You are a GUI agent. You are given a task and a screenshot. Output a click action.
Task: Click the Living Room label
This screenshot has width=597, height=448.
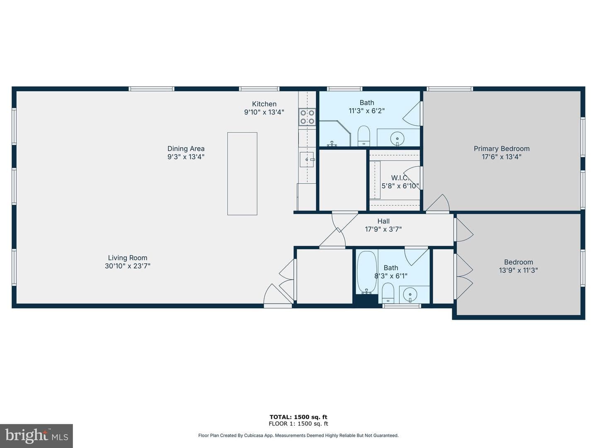click(128, 258)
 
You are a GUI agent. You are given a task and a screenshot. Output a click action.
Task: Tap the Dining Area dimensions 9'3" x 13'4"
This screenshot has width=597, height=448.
click(186, 157)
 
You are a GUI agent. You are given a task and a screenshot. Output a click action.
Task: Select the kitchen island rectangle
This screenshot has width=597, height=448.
click(242, 173)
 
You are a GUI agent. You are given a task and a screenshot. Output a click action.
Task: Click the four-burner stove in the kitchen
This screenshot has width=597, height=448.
click(307, 117)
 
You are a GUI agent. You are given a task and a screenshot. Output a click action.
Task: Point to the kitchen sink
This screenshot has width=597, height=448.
click(307, 159)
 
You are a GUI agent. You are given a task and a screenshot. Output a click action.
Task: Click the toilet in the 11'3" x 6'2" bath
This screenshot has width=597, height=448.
click(364, 136)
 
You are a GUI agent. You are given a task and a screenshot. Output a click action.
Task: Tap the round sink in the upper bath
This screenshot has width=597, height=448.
click(397, 139)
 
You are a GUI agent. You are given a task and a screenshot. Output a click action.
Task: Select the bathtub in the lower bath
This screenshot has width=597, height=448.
click(366, 272)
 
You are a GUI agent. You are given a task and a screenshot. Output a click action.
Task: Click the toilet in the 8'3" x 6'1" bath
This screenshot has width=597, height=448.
click(388, 293)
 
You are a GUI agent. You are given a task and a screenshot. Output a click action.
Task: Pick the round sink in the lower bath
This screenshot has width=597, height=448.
click(410, 295)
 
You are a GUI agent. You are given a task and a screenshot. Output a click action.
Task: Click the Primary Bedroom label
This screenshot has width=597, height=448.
click(502, 149)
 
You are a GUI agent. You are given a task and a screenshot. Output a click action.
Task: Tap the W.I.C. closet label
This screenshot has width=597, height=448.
click(400, 178)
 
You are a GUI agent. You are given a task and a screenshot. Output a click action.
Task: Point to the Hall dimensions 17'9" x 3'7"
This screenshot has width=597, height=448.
click(383, 229)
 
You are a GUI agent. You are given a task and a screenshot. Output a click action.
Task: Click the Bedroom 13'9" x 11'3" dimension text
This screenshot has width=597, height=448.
click(518, 270)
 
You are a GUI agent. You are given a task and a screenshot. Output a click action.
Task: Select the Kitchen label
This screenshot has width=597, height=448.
click(264, 104)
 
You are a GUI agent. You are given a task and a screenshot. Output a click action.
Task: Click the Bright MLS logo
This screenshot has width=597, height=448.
click(36, 436)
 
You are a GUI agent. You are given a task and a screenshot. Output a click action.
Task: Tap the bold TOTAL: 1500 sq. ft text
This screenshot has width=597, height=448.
click(298, 417)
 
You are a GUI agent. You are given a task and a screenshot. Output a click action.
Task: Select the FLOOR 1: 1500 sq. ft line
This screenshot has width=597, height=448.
click(298, 424)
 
